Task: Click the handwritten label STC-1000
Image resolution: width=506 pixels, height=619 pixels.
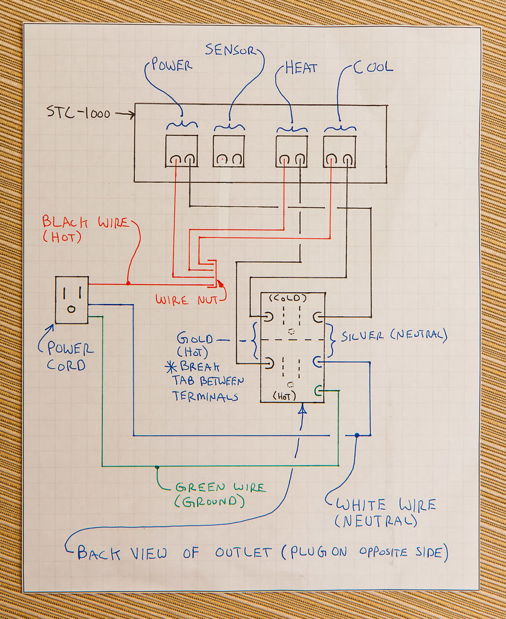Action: [x=79, y=112]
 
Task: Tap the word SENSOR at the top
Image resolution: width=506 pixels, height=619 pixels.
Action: [x=230, y=50]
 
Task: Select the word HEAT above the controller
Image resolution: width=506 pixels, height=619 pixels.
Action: [x=301, y=68]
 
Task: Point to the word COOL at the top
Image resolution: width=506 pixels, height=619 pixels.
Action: [x=373, y=67]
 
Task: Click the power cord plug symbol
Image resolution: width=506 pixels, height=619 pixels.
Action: [x=71, y=300]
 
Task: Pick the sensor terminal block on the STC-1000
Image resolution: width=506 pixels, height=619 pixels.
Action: [x=229, y=151]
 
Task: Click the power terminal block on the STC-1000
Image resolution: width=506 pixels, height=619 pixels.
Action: [x=181, y=151]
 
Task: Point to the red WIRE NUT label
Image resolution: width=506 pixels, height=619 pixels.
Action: [x=187, y=300]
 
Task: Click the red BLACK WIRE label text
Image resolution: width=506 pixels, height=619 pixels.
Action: [x=86, y=222]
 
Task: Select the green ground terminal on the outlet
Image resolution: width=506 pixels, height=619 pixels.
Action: [x=318, y=391]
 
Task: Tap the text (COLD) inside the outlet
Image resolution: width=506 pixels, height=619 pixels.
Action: [x=288, y=298]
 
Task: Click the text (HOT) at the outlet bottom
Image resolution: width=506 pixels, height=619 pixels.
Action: [x=284, y=396]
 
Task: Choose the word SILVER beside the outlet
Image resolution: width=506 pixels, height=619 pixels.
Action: [x=362, y=336]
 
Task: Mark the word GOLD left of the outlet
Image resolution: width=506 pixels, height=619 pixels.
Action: [x=195, y=339]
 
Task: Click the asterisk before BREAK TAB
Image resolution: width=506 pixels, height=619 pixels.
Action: [x=171, y=367]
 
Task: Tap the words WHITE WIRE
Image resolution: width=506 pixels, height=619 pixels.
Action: [x=386, y=505]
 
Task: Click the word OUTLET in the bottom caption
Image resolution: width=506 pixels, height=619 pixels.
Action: [x=244, y=553]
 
